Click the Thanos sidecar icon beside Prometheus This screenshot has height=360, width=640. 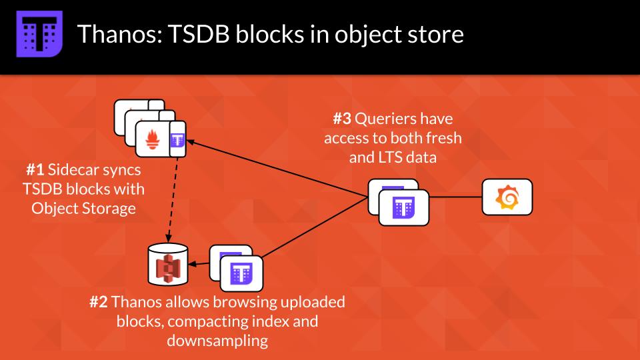pyautogui.click(x=177, y=140)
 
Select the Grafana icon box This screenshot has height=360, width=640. pyautogui.click(x=507, y=197)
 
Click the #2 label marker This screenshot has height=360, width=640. pyautogui.click(x=99, y=302)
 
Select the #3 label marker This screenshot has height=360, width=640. pyautogui.click(x=342, y=120)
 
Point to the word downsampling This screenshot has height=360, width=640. pyautogui.click(x=217, y=341)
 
